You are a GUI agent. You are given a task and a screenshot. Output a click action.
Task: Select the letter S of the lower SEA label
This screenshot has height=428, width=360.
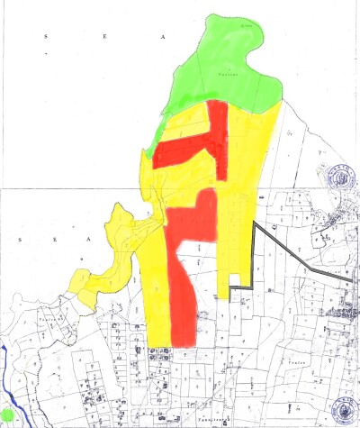pos(20,239)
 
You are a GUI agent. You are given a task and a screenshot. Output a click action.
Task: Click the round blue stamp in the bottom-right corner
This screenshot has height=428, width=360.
pos(342,410)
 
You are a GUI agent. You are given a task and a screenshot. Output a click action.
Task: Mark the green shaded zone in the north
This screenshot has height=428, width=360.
pos(225,72)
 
